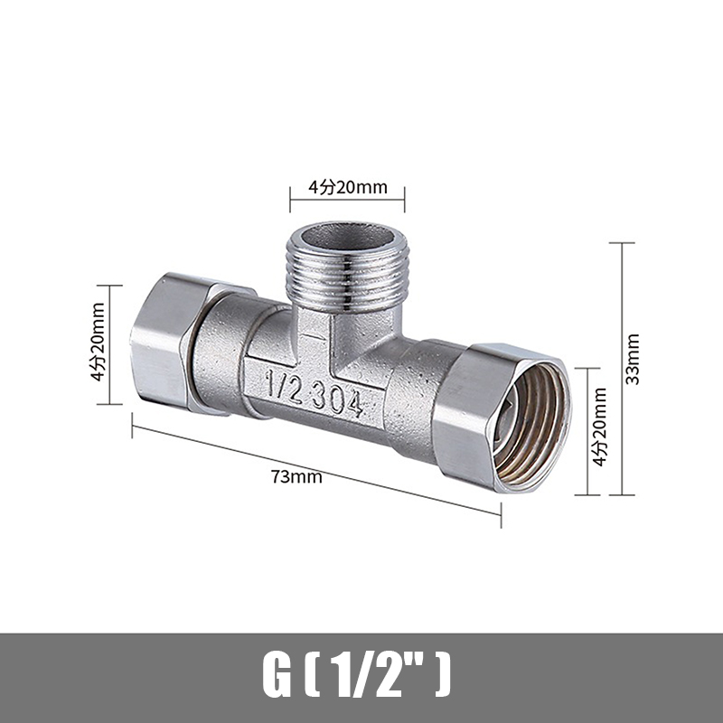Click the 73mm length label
click(x=296, y=476)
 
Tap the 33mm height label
click(x=633, y=359)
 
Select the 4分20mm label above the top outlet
click(x=348, y=187)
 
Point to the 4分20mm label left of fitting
click(x=98, y=342)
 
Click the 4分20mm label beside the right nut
click(x=599, y=427)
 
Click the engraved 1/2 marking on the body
click(x=284, y=387)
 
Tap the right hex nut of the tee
click(x=502, y=417)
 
